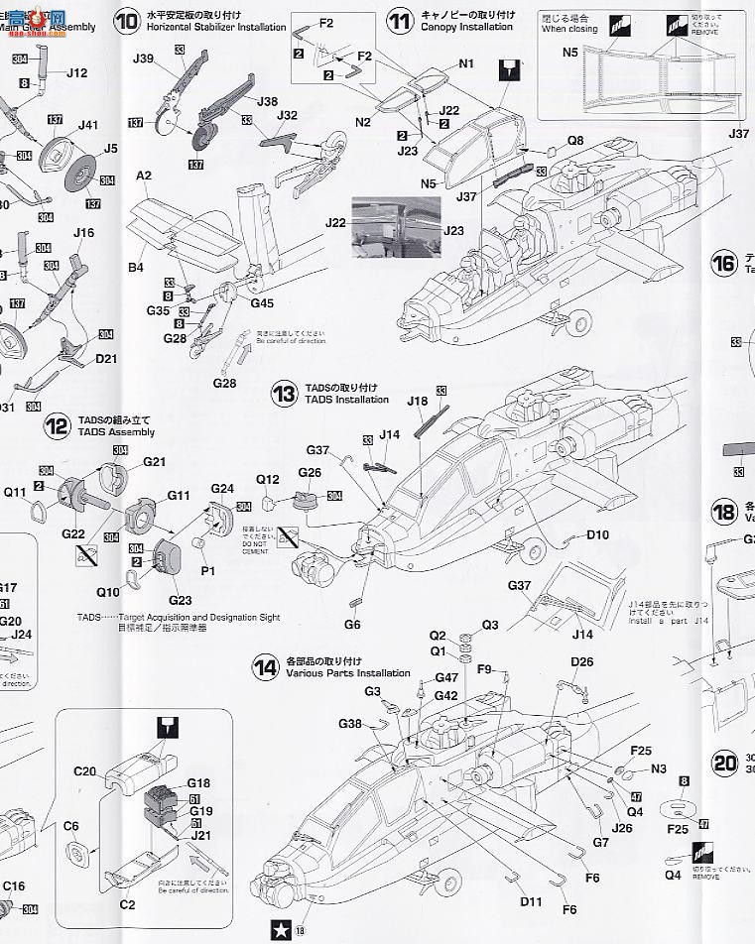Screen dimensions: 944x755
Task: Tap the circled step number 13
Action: (286, 394)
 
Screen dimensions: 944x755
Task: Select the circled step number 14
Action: (265, 667)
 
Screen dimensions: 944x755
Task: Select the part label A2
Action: (144, 176)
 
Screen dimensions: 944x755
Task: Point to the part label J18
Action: (417, 400)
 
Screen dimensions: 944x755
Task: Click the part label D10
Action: (597, 534)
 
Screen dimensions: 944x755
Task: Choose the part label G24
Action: (222, 489)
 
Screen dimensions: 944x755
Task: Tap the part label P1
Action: (208, 571)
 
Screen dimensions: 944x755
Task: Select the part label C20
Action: (84, 770)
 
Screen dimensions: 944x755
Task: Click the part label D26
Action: (581, 662)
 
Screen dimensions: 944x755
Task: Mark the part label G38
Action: (349, 724)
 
